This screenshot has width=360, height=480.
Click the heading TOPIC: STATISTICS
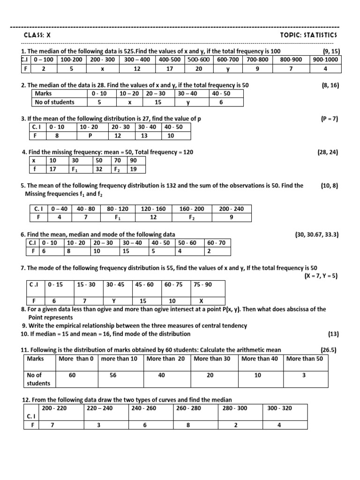coord(308,35)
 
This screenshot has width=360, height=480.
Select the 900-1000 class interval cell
coord(325,60)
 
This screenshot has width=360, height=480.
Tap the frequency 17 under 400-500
coord(169,68)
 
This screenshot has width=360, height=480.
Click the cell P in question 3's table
coord(90,136)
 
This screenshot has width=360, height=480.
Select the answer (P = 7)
coord(330,119)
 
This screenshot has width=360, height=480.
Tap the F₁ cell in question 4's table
coord(75,169)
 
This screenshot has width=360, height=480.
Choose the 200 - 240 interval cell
coord(231,209)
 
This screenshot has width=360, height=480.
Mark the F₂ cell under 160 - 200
coord(192,217)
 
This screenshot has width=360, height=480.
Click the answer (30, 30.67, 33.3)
coord(316,234)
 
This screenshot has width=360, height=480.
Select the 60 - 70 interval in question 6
coord(216,243)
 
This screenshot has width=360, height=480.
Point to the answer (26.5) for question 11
coord(329,350)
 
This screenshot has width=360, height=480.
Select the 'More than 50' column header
coord(304,359)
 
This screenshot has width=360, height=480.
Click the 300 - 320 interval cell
coord(279,408)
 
